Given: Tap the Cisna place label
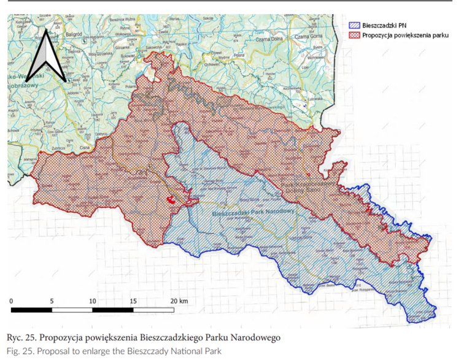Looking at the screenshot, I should coord(85,148).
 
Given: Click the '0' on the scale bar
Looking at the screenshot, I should coord(12,301).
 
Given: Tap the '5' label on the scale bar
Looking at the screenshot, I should coord(52,301).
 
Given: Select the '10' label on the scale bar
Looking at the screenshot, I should coord(92,301).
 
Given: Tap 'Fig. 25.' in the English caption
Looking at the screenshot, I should coord(21,351).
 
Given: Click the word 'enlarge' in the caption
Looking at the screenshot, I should coord(93,351).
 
